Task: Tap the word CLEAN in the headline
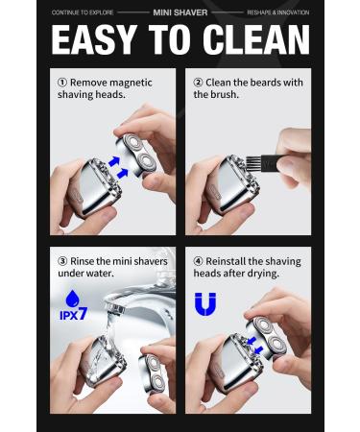[256, 40]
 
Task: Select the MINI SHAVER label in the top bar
[180, 13]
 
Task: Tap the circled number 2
[199, 83]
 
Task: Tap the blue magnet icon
[204, 305]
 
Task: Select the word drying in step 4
[264, 275]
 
